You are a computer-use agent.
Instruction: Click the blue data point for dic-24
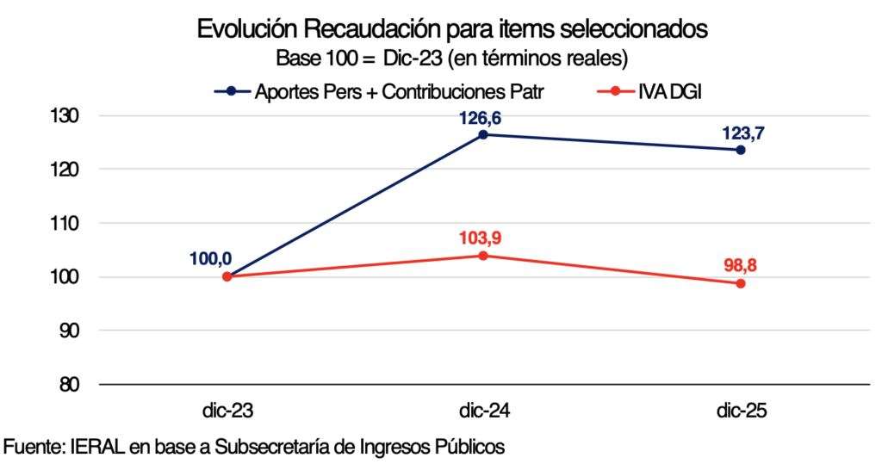click(483, 134)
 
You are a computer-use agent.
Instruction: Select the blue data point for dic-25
click(740, 150)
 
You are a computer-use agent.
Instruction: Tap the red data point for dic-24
click(483, 256)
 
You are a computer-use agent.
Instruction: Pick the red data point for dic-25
click(740, 283)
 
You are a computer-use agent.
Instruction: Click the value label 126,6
click(482, 114)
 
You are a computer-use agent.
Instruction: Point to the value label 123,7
click(740, 130)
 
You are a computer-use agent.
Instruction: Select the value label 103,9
click(482, 236)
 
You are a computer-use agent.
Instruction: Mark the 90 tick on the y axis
click(71, 331)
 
